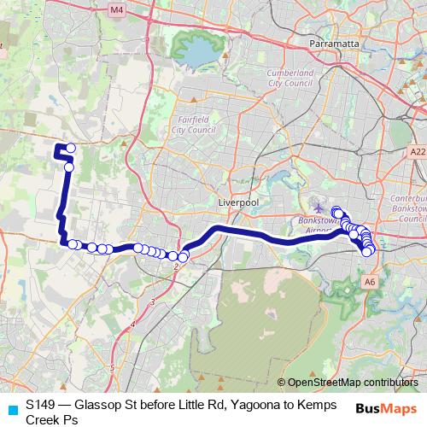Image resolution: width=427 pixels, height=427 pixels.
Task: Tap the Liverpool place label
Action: tap(238, 202)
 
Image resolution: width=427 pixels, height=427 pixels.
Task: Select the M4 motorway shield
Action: tap(117, 9)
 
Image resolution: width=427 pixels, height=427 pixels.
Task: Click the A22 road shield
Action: tap(417, 151)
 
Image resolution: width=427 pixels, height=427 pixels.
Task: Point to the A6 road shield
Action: tap(369, 280)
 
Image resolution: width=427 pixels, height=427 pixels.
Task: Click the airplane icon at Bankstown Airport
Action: tap(319, 208)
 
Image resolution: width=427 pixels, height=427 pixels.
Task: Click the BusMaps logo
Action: tap(386, 407)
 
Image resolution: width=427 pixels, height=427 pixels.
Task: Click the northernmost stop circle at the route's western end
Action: tap(71, 149)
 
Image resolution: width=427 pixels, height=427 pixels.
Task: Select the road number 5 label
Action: tap(112, 367)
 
